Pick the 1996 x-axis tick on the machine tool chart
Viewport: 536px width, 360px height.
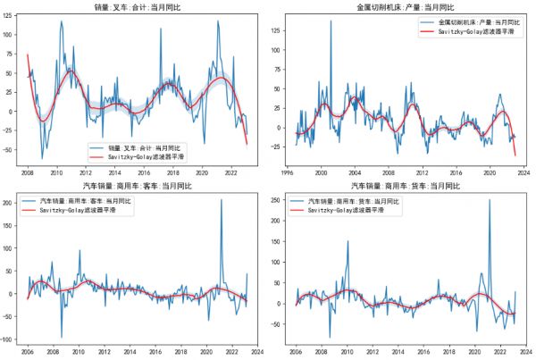coord(283,173)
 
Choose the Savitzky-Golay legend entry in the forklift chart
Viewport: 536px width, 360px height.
coord(147,156)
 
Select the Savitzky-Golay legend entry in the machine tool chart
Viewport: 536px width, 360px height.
coord(473,32)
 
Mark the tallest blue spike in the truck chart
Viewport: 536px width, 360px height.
coord(489,201)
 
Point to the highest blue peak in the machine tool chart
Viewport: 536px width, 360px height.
coord(331,21)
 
